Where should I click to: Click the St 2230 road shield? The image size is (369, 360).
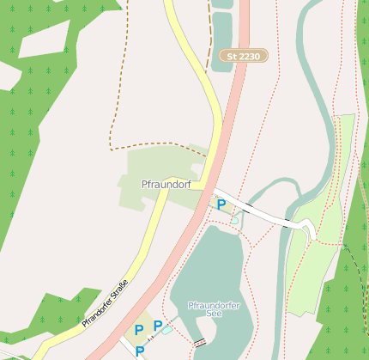(x=244, y=57)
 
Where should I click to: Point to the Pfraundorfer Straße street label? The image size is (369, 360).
(x=106, y=303)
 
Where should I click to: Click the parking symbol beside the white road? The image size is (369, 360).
(x=221, y=204)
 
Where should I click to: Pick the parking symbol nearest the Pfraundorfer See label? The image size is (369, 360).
(x=158, y=325)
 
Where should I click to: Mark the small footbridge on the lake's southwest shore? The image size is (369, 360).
(x=200, y=342)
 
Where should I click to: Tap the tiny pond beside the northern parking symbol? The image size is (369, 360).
(x=234, y=220)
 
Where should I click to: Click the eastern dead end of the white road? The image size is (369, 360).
(x=311, y=230)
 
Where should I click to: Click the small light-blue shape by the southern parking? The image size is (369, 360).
(x=166, y=329)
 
